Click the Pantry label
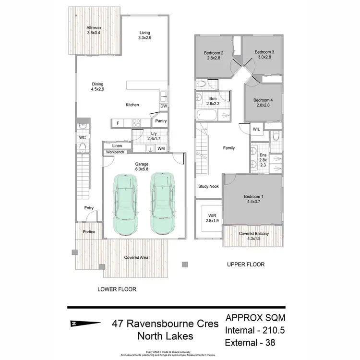(x=161, y=121)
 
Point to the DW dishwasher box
(x=164, y=106)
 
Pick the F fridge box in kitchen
(x=118, y=123)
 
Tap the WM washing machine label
(x=161, y=149)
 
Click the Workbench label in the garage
(x=116, y=152)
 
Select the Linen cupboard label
(x=117, y=146)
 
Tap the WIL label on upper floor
(x=256, y=129)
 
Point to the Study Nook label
(x=208, y=186)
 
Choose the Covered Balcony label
(x=254, y=234)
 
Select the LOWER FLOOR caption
(x=117, y=289)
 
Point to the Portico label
(x=89, y=232)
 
